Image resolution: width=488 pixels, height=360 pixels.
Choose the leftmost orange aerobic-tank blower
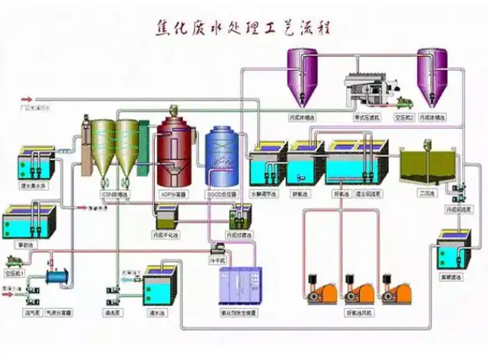click(320, 288)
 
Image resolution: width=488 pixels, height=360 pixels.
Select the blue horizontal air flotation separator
click(57, 281)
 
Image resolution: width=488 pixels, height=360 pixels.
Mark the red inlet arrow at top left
click(29, 99)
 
